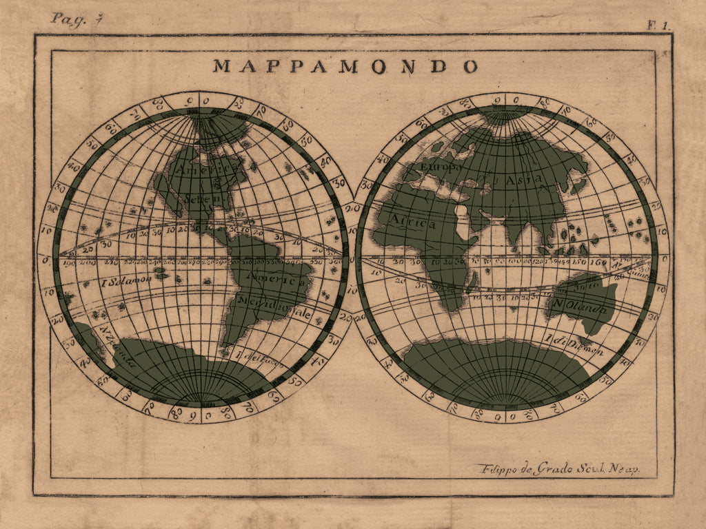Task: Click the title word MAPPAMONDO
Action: [345, 66]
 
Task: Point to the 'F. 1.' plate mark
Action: [658, 25]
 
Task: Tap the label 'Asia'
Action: [523, 179]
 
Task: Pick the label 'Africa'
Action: [414, 223]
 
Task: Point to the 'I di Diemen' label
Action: [574, 345]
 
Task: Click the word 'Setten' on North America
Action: [200, 198]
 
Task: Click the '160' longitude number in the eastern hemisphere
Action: [600, 262]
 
